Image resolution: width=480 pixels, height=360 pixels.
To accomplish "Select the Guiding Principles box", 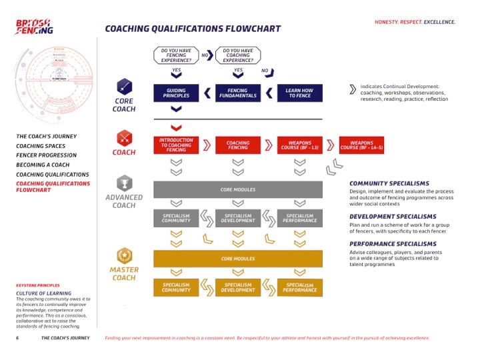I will [x=177, y=93].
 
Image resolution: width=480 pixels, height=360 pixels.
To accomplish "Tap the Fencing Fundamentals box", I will [x=238, y=93].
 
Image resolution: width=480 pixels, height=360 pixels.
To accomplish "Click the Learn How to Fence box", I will [x=299, y=93].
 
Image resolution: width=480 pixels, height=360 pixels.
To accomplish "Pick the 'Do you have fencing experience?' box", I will [x=177, y=55].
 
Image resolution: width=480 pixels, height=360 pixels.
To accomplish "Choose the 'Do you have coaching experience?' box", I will [x=238, y=55].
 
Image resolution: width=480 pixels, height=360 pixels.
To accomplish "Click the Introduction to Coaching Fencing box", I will [x=177, y=145].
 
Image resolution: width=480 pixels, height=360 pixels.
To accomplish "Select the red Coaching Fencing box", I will [x=238, y=145].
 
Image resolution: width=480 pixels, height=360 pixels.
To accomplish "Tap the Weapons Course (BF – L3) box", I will [x=299, y=145].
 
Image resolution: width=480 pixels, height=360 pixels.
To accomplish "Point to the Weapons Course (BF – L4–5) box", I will [x=361, y=145].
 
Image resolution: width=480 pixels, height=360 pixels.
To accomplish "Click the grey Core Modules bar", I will [x=238, y=189].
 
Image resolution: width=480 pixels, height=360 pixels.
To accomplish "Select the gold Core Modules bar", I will [x=238, y=258].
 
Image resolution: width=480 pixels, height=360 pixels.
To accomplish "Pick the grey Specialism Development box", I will [x=238, y=218].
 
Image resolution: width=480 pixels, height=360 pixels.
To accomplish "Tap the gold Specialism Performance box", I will [x=299, y=287].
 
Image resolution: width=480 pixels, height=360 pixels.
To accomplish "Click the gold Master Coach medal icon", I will [x=123, y=255].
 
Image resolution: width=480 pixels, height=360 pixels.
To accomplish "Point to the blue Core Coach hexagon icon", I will [x=123, y=87].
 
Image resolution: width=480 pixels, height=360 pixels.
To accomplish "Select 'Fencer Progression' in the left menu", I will [x=46, y=155].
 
